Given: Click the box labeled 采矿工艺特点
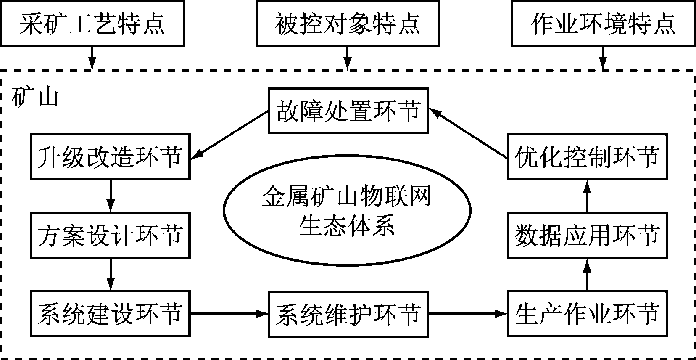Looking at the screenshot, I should coord(92,23).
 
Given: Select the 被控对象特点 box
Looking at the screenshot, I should coord(348,23).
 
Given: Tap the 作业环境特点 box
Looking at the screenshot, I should coord(603,23).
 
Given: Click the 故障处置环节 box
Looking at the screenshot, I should coord(348,111).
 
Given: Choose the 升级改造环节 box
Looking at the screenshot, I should coord(110,157).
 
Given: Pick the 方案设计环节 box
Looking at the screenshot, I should coord(110,235).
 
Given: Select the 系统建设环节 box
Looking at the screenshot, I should coord(110,314).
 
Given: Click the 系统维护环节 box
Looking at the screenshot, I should coord(348,314).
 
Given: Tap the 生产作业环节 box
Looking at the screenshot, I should coord(587,314).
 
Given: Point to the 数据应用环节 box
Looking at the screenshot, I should coord(587,235).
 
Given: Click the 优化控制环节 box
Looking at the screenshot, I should coord(587,157).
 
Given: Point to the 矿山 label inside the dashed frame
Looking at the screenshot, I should coord(34,98).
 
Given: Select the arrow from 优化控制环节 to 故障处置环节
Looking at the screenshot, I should coord(468,135).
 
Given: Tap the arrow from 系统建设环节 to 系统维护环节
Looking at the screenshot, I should coord(229,314).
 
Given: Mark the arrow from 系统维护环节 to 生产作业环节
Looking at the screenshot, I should coord(467,314).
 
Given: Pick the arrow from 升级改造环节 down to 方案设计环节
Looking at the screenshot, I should coord(111,196).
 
